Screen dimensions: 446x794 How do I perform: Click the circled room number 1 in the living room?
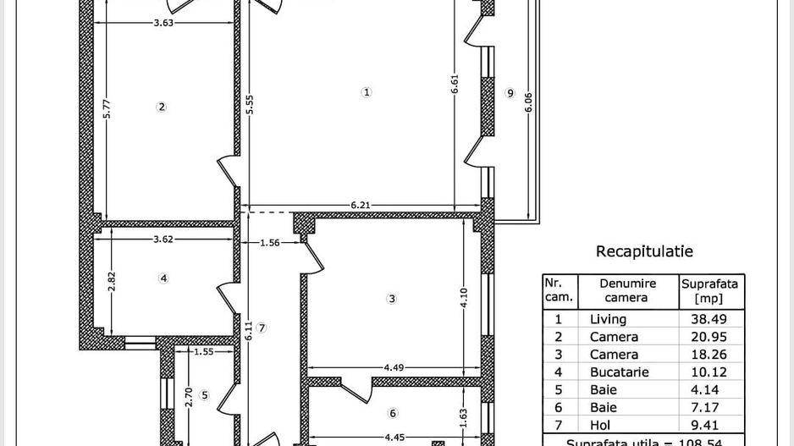367,92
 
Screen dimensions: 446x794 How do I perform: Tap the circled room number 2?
162,107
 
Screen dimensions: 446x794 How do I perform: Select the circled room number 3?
392,299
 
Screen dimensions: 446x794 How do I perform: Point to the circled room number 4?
164,278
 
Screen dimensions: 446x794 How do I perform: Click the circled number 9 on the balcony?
510,93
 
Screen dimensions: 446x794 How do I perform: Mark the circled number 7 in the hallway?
262,328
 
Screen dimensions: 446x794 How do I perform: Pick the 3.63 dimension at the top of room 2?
163,23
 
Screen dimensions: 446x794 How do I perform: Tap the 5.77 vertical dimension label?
107,109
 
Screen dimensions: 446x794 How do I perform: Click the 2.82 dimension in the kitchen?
112,280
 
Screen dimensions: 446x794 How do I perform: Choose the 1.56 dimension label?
269,243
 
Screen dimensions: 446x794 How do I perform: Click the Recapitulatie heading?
644,251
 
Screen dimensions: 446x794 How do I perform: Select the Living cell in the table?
608,319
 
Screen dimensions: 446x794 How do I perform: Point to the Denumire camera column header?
627,290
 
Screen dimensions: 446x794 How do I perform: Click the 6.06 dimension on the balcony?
528,102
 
